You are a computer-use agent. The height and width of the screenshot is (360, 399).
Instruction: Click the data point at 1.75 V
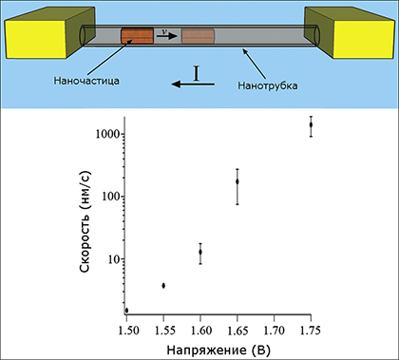pos(311,124)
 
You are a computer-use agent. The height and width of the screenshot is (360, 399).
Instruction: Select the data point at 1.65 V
pos(237,180)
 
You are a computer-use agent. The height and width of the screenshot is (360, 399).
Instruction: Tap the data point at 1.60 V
pos(199,252)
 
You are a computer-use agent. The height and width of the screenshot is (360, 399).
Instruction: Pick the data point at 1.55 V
pos(163,285)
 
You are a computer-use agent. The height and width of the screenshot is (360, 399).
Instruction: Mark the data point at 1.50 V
pos(126,310)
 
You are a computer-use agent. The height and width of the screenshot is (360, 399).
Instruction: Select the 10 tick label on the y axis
pos(109,259)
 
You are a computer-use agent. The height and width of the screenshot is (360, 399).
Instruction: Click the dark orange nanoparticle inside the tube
pos(137,36)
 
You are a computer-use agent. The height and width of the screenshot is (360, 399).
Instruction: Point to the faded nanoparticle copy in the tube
pos(199,36)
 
